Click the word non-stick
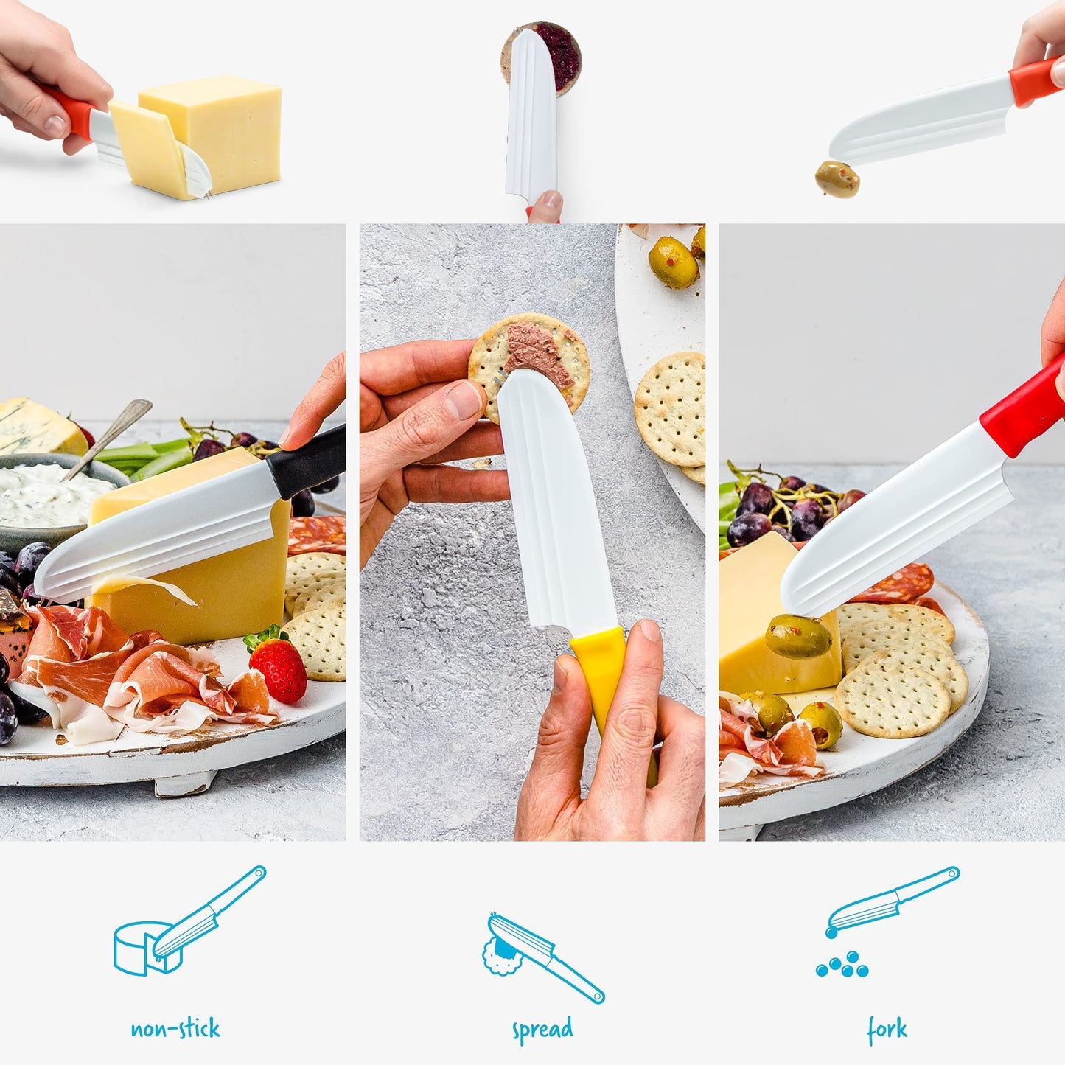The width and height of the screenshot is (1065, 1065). click(x=175, y=1028)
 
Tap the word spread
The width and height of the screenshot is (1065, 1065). click(x=542, y=1030)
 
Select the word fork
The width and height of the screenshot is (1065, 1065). click(x=887, y=1029)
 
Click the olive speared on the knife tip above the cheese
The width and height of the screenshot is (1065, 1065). click(x=798, y=636)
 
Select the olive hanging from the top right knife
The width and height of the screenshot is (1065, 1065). click(x=837, y=179)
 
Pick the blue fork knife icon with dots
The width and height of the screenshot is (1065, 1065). click(x=884, y=921)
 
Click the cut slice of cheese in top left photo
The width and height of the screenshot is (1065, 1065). click(x=151, y=151)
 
